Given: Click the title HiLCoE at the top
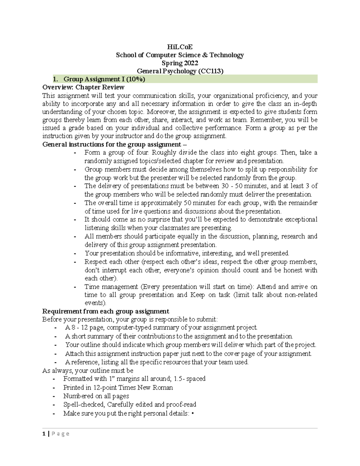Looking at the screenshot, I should [x=180, y=47].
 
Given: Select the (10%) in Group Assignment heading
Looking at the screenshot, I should [x=135, y=79].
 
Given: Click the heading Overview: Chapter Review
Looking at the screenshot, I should [x=83, y=87].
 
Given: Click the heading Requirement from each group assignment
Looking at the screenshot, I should [x=106, y=311].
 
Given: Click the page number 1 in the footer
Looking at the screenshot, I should [x=44, y=434].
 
